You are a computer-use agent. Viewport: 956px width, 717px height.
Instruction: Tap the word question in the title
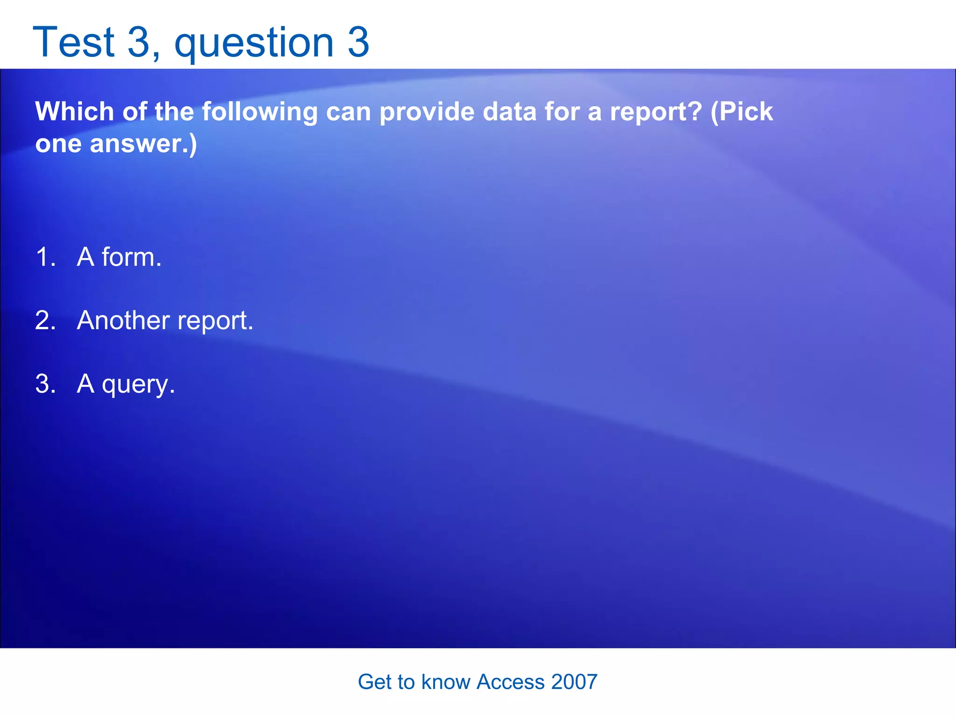pyautogui.click(x=254, y=43)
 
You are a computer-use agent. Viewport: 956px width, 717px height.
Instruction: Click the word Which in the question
pyautogui.click(x=75, y=112)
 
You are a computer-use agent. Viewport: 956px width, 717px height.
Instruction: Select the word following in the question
pyautogui.click(x=260, y=112)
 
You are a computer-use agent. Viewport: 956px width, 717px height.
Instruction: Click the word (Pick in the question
pyautogui.click(x=742, y=112)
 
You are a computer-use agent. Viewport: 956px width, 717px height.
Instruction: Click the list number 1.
pyautogui.click(x=45, y=257)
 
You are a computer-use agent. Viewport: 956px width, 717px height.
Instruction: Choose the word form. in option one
pyautogui.click(x=132, y=257)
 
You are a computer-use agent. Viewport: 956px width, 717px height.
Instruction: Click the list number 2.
pyautogui.click(x=45, y=321)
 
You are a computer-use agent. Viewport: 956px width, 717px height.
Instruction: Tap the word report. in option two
pyautogui.click(x=216, y=322)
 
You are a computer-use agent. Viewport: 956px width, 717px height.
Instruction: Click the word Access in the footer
pyautogui.click(x=511, y=682)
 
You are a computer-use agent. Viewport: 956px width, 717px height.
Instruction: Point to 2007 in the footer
pyautogui.click(x=574, y=682)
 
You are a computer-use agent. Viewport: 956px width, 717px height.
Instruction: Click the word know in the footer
pyautogui.click(x=446, y=682)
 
